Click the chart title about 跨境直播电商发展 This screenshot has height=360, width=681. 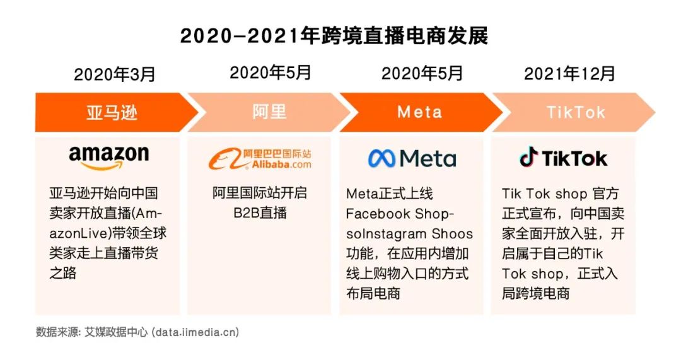[x=334, y=35]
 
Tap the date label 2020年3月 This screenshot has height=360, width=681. [x=115, y=74]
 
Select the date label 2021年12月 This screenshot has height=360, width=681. [x=569, y=74]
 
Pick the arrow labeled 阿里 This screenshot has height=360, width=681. [x=269, y=112]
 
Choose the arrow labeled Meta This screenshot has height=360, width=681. [x=421, y=112]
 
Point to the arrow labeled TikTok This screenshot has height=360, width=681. [x=573, y=112]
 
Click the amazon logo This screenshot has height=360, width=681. [x=108, y=157]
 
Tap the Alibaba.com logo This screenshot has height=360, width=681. [x=260, y=158]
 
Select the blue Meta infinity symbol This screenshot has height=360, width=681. [x=381, y=158]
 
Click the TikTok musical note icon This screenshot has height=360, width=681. [x=528, y=157]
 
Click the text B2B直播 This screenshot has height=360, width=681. [x=260, y=213]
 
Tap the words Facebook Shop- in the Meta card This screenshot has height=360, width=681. [x=400, y=214]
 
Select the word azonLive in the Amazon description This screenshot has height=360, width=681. [x=80, y=234]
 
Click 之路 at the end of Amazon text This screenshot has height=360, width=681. [x=62, y=273]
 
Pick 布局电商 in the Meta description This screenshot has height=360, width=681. [x=373, y=294]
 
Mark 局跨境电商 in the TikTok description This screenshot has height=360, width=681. [x=535, y=294]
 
